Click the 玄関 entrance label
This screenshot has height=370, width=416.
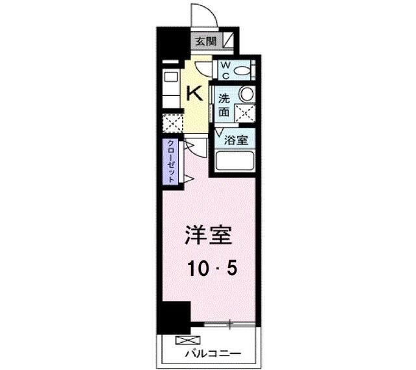pyautogui.click(x=207, y=42)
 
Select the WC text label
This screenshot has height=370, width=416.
pyautogui.click(x=224, y=69)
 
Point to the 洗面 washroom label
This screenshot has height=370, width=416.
pyautogui.click(x=224, y=106)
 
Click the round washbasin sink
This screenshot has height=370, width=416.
pyautogui.click(x=245, y=93)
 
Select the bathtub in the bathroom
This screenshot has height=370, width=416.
pyautogui.click(x=235, y=162)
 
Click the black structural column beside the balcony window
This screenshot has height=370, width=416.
pyautogui.click(x=173, y=317)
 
